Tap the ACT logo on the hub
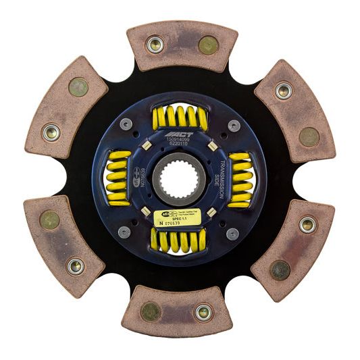tap(183, 134)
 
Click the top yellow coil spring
tap(180, 118)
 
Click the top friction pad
tap(181, 44)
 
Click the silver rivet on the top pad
tap(155, 45)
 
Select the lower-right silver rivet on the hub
tap(233, 233)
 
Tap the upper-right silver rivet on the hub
tap(234, 125)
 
